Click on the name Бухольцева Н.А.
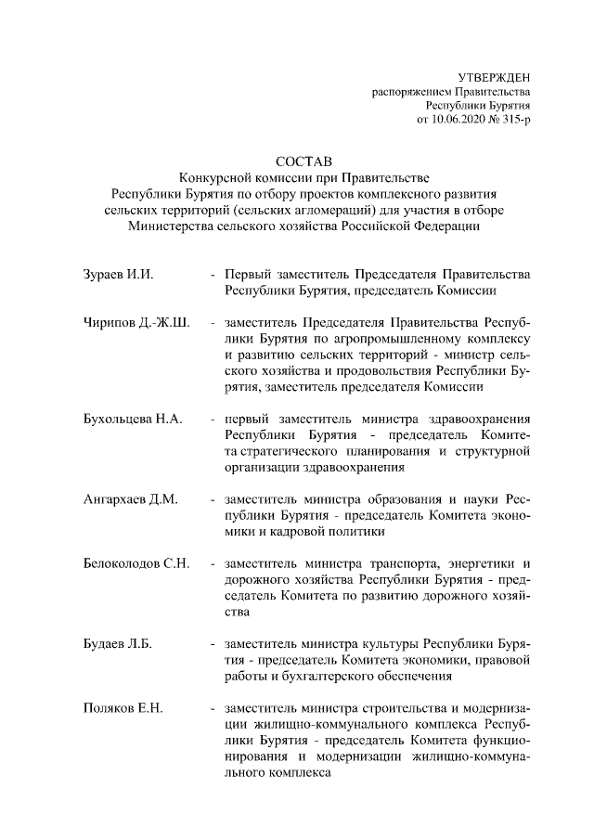[132, 420]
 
